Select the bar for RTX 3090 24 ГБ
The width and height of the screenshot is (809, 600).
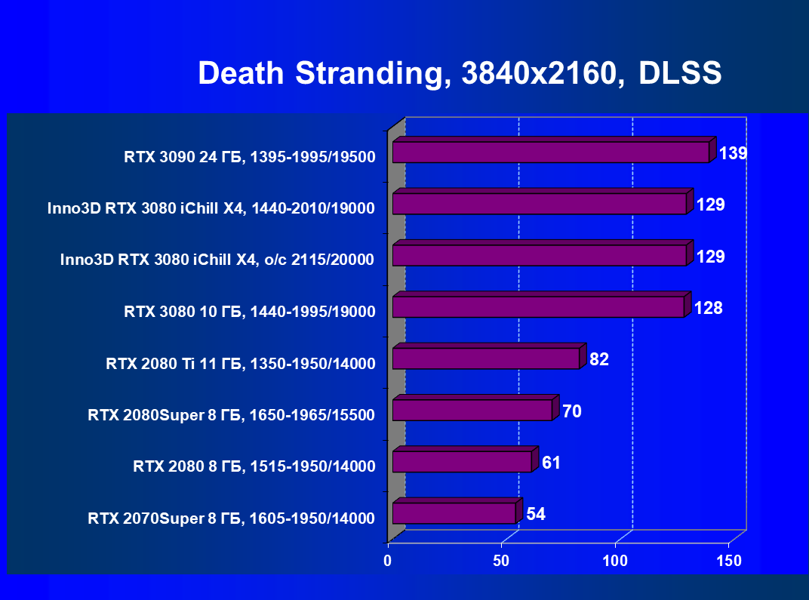coord(551,152)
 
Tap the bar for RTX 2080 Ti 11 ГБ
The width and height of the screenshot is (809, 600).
coord(486,358)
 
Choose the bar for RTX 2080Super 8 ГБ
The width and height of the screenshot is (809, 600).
coord(472,410)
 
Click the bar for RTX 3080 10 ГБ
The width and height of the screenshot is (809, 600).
coord(538,307)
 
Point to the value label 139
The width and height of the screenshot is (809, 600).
coord(732,154)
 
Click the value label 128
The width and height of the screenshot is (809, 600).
coord(709,308)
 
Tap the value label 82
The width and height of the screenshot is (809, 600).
coord(599,359)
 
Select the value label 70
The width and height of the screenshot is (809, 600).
coord(571,411)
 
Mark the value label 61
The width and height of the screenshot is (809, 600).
coord(551,463)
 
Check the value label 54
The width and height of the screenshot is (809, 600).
coord(536,514)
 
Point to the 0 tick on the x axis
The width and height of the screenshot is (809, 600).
coord(388,561)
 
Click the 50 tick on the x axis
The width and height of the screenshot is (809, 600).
coord(501,561)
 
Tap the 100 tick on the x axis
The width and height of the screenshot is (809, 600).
coord(615,561)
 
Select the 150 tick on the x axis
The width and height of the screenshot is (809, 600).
coord(729,561)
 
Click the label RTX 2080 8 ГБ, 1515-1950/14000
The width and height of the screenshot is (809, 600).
coord(254,466)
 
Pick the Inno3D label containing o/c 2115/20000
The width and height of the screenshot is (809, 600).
coord(217,260)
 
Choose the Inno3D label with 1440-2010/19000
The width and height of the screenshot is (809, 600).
coord(211,209)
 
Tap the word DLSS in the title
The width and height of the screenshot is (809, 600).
coord(680,74)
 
